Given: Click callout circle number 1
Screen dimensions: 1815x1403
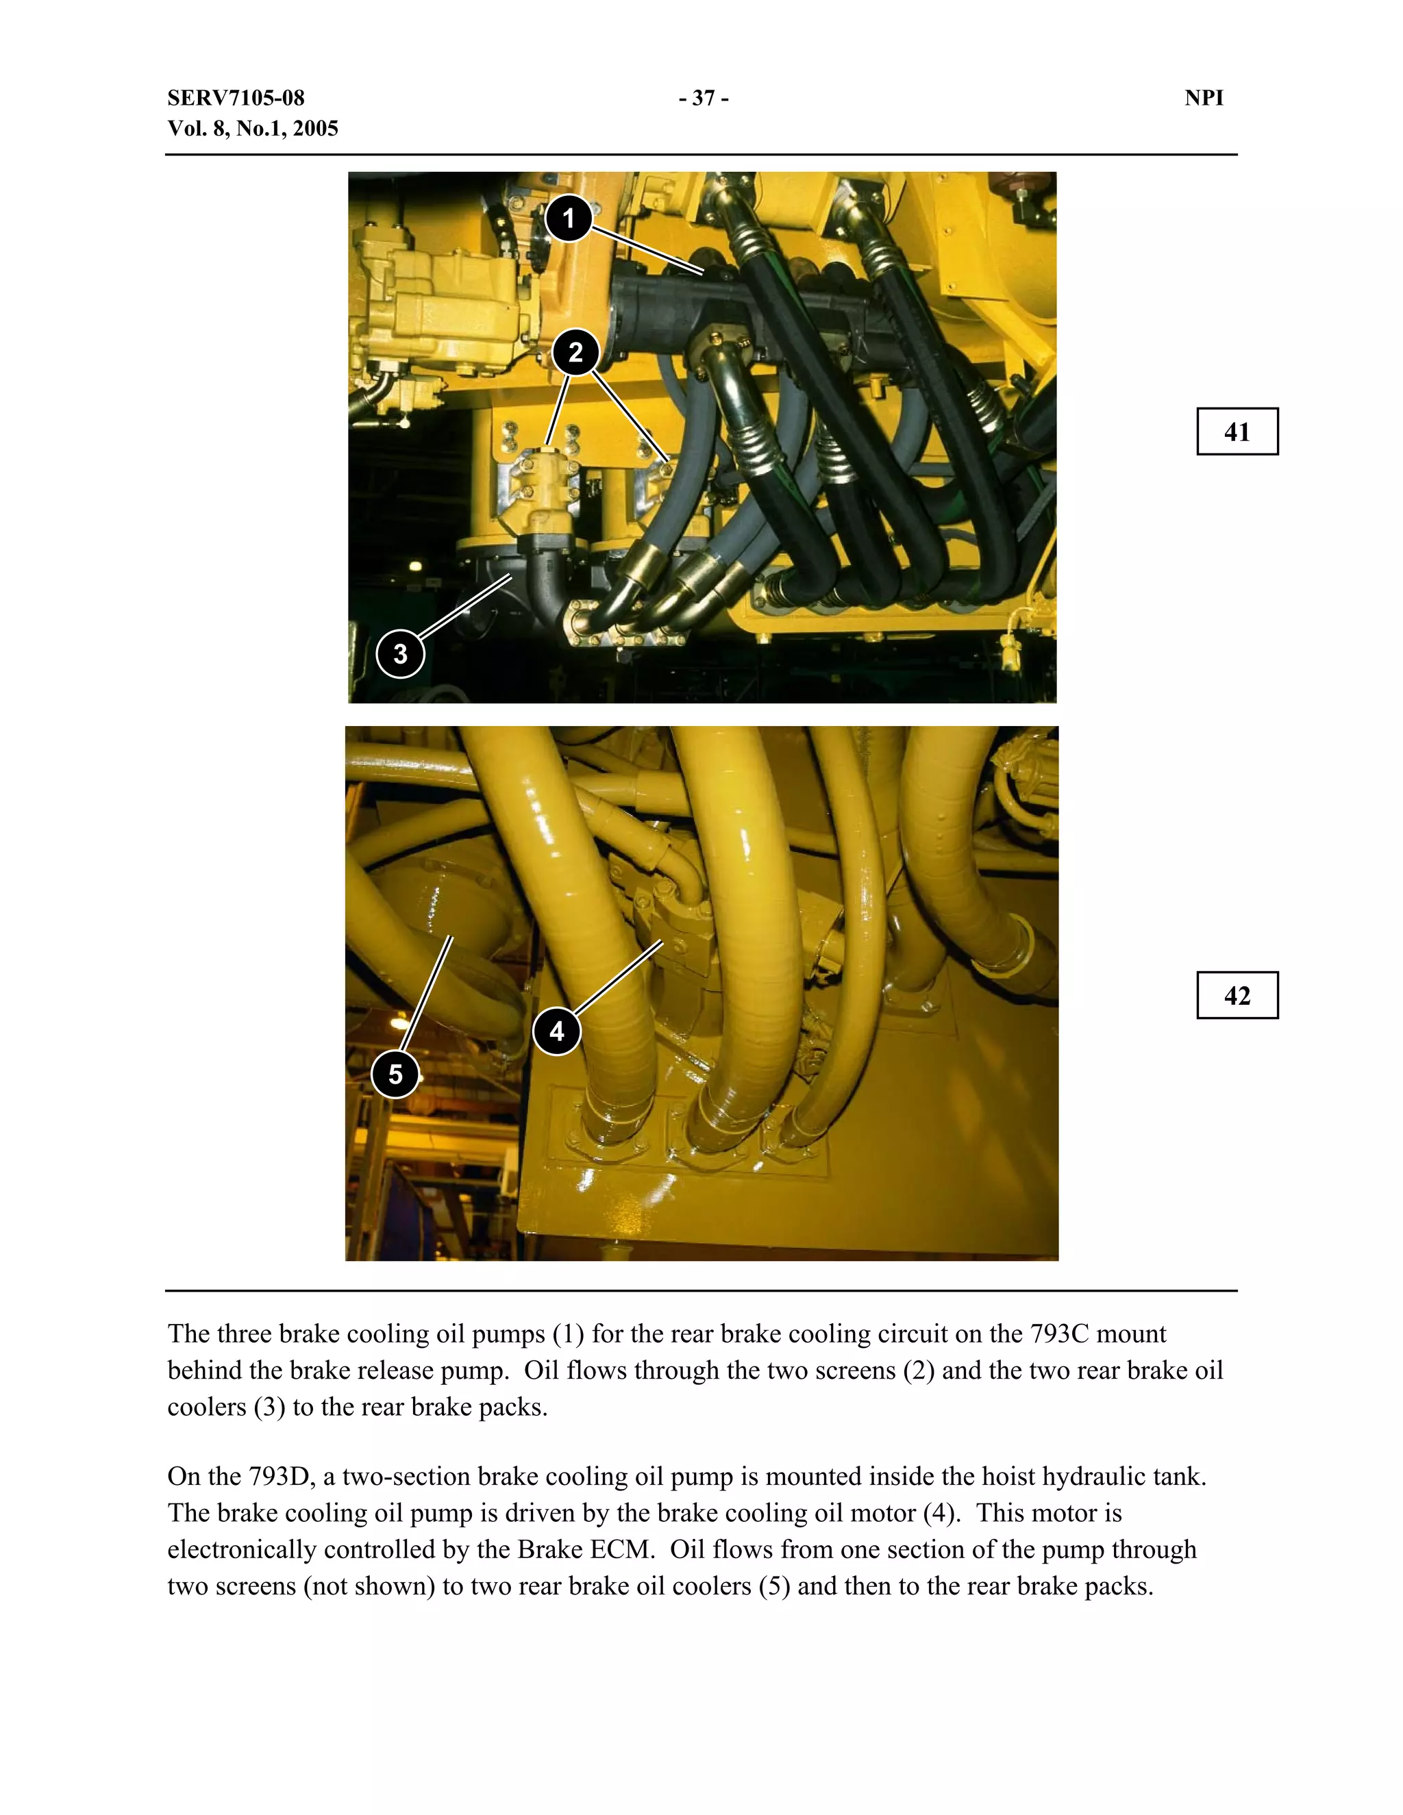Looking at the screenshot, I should pos(569,218).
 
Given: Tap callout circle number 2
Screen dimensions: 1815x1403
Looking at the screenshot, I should pos(575,352).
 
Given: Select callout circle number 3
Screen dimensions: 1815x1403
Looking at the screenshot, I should pos(401,654).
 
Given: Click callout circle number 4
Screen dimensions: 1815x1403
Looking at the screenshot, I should pos(557,1031).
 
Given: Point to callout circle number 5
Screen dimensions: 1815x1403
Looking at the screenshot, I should pos(396,1074).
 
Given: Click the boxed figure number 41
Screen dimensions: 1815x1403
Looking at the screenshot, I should pos(1237,431).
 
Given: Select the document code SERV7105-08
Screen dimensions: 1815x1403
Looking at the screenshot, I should pos(236,98).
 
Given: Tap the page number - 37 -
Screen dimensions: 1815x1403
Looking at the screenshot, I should pos(703,98).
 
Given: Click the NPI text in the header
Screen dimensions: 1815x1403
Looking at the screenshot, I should pos(1204,98).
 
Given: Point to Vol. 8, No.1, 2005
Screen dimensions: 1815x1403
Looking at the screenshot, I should pos(253,129).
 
